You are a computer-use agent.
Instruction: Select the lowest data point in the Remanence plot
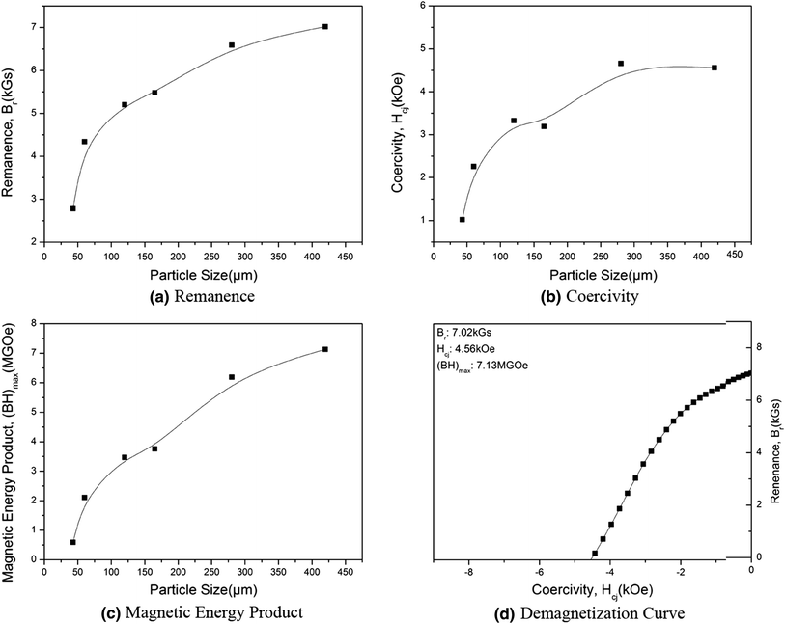pos(72,208)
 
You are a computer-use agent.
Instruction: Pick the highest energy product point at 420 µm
pos(325,349)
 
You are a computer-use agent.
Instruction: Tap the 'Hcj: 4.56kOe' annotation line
pos(468,349)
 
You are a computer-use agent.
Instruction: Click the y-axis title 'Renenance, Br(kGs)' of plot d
pos(773,439)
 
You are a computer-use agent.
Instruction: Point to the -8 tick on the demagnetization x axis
pos(468,571)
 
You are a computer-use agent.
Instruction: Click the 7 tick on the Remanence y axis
pos(34,27)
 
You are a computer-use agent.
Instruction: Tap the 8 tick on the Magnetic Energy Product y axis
pos(34,323)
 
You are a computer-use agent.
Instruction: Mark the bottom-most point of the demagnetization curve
pos(595,554)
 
